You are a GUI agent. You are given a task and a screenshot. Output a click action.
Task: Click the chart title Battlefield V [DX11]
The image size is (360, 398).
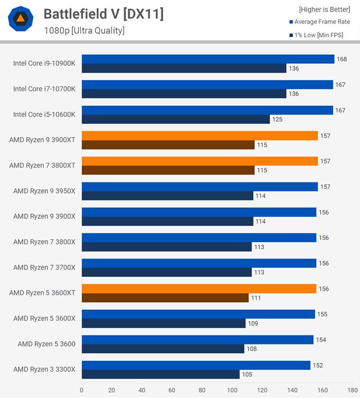103,14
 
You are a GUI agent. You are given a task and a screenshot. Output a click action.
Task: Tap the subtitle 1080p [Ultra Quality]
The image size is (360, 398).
84,30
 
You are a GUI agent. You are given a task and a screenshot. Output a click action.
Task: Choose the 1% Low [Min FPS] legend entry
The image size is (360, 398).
318,35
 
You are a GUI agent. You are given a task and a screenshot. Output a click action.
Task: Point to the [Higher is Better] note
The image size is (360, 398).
324,9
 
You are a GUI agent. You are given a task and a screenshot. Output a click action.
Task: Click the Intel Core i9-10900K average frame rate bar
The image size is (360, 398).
208,59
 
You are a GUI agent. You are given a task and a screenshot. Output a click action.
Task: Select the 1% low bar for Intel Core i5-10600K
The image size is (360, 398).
175,119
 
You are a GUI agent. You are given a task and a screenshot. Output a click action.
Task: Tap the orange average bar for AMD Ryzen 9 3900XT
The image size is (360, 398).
200,136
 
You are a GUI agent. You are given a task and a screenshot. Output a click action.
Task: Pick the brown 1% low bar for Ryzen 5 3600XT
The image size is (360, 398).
165,298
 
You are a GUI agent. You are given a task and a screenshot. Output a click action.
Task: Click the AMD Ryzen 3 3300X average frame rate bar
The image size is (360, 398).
196,365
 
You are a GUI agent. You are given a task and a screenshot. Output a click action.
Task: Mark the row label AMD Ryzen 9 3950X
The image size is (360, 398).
44,191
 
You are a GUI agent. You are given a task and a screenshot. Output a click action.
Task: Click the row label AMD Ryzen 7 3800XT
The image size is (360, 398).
42,166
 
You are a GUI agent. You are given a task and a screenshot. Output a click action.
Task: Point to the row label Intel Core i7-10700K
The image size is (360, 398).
44,89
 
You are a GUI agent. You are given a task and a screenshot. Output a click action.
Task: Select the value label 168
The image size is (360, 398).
342,59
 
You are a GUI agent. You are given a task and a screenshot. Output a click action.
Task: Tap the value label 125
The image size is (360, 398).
277,119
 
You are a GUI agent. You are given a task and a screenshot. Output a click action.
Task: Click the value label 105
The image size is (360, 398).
247,374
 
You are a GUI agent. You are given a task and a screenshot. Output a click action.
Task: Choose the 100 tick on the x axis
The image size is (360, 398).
232,390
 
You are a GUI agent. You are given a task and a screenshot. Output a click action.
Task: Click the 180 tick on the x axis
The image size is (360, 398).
352,390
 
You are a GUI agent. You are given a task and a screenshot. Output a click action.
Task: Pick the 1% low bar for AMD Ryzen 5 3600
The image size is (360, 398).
163,349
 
